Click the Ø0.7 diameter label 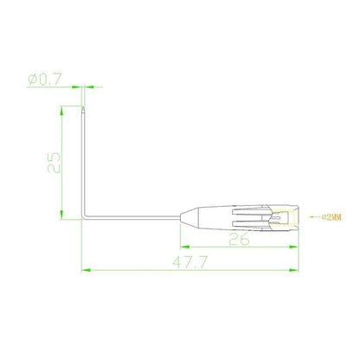[46, 80]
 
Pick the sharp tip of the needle [82, 108]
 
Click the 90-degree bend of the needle [84, 217]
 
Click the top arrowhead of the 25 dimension [61, 110]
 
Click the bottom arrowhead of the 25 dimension [61, 215]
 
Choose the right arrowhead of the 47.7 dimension [297, 269]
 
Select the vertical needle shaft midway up [83, 164]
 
